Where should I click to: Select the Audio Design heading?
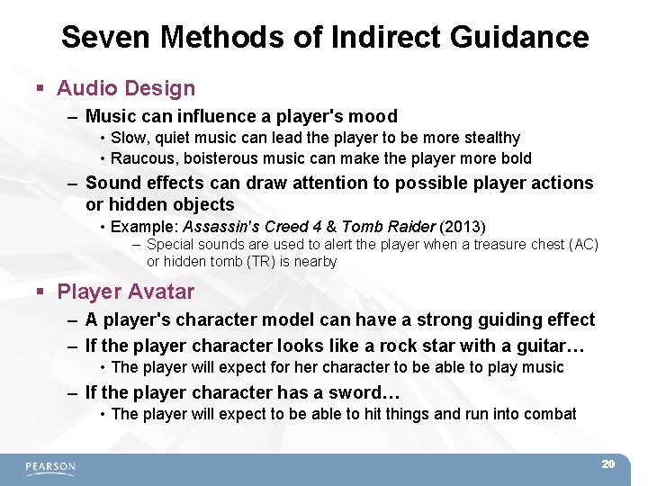point(125,88)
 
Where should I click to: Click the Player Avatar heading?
point(125,292)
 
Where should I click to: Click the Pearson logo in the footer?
point(50,467)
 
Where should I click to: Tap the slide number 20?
point(607,463)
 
